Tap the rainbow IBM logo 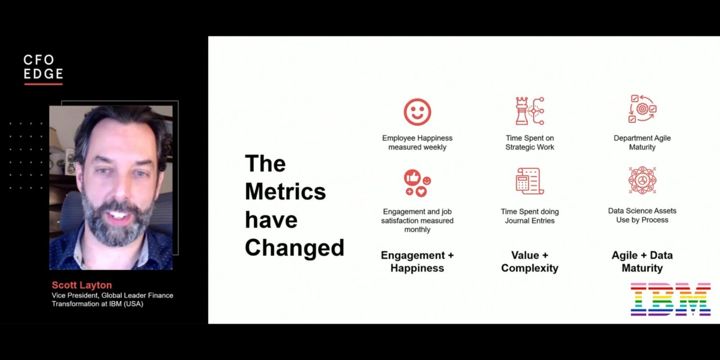coord(671,300)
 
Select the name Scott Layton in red coord(82,285)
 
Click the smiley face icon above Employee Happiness coord(417,112)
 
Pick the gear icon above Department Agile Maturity coord(642,109)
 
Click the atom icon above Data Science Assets coord(642,180)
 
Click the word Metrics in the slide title coord(285,192)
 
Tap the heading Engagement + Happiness coord(417,262)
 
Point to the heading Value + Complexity coord(530,262)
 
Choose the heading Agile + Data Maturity coord(642,262)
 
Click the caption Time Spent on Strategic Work coord(530,143)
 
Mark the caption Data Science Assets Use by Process coord(642,215)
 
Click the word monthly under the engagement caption coord(417,230)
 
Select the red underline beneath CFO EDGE coord(44,85)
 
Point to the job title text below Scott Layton coord(112,300)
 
